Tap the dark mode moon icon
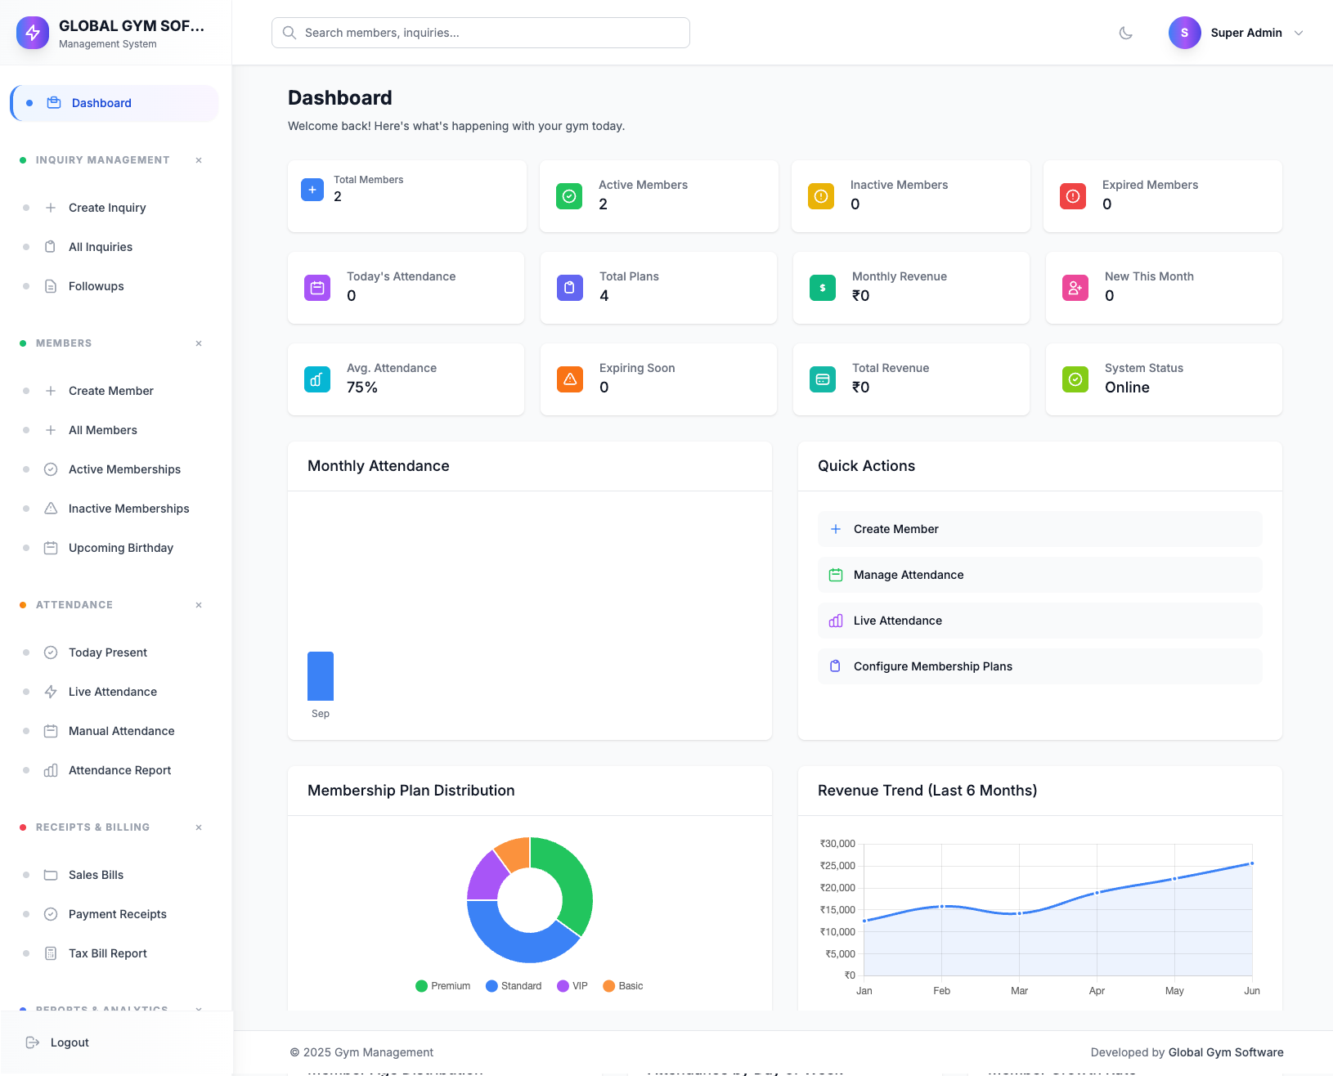1126,33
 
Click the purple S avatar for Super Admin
1184,33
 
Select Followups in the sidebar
96,286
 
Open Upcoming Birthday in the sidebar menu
120,548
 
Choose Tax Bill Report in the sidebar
107,953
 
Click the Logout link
69,1042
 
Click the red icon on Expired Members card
1073,196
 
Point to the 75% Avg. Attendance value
361,388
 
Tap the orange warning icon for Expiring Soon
570,379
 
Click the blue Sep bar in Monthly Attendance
321,676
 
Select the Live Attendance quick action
897,621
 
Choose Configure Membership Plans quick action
932,666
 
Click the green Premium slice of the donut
572,883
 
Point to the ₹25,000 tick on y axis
837,866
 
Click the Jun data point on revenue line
1251,863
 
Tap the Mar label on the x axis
1019,991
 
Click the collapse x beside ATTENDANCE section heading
199,605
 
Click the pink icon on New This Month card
1075,288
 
